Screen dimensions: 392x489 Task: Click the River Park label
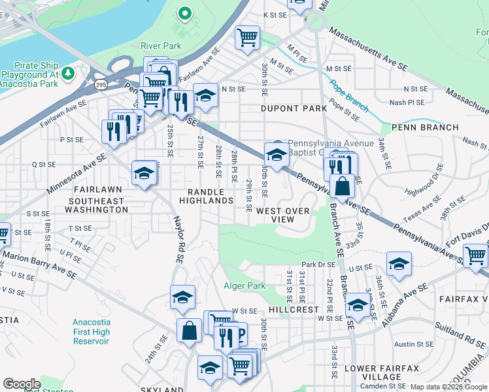click(161, 46)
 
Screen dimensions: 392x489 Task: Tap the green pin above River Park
click(184, 12)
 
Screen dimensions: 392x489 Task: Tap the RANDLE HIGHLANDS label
click(206, 197)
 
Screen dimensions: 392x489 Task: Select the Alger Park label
click(244, 286)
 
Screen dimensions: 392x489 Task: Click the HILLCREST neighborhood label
click(293, 310)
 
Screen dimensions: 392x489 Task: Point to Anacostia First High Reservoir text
click(92, 331)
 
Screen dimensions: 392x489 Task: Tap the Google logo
click(21, 384)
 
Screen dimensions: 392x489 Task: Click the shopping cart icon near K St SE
click(248, 37)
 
